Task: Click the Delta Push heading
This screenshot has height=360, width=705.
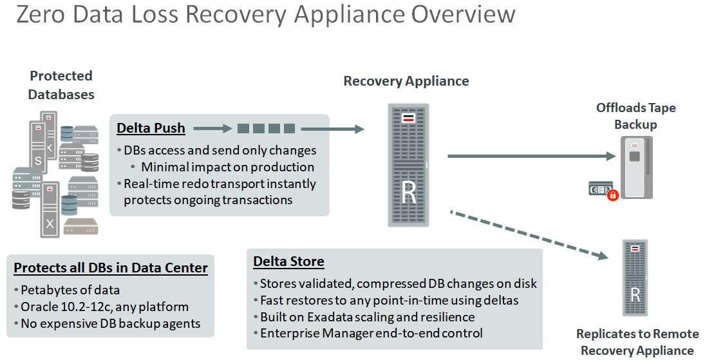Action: click(151, 128)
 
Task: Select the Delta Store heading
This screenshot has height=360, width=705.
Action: click(288, 261)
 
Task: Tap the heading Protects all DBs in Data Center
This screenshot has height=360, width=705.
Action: click(111, 268)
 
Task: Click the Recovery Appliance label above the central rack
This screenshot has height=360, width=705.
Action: click(406, 81)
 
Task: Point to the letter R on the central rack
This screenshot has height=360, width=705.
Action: click(409, 192)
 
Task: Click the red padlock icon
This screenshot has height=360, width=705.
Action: click(612, 195)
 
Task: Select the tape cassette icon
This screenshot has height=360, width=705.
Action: click(599, 189)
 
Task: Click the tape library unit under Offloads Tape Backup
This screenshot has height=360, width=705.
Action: click(636, 167)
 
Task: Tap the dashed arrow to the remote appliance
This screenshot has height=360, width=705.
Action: click(529, 235)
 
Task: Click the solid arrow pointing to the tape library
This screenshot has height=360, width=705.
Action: click(531, 156)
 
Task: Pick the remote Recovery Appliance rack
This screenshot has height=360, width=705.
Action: click(634, 278)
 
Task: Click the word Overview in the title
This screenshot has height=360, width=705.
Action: click(464, 14)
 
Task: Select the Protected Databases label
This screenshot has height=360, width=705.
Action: click(61, 85)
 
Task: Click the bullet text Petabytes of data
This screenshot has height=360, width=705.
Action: click(70, 290)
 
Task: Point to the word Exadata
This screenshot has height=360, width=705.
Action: click(330, 317)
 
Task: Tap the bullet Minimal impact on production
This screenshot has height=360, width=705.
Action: click(227, 167)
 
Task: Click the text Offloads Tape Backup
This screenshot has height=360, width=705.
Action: click(635, 116)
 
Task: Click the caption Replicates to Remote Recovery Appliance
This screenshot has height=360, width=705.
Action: click(637, 342)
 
